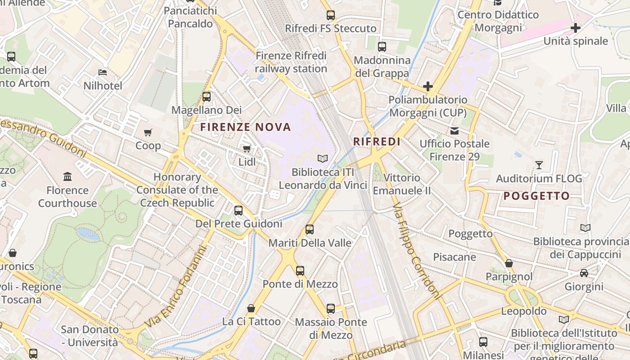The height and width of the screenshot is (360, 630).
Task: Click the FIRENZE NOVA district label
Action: pos(246,127)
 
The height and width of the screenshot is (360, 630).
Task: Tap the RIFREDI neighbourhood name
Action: pos(377,142)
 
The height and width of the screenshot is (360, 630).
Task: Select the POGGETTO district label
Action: pos(536,196)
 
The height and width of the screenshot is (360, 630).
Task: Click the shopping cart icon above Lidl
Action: pos(247,148)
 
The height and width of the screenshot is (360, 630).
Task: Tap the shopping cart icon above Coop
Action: pos(148,132)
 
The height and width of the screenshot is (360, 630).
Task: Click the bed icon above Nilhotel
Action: pos(103,72)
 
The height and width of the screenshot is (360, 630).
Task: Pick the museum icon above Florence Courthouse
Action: pos(67,176)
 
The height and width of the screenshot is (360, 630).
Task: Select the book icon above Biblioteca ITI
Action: pos(323,158)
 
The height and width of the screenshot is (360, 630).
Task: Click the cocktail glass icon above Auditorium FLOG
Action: pos(539,165)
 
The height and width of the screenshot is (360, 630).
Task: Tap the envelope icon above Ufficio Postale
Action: pos(454,130)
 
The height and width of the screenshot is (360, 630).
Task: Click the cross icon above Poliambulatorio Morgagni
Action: pos(427,86)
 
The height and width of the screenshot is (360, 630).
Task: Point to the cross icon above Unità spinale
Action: pos(575,28)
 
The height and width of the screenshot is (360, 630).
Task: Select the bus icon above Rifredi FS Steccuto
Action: pos(331,15)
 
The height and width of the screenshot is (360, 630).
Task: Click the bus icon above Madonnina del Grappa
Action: pos(382,46)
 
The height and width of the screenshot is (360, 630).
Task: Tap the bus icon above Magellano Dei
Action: pos(207,96)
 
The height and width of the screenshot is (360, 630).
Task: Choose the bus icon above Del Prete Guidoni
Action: pos(238,210)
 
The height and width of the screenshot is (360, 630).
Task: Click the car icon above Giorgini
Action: pos(584,273)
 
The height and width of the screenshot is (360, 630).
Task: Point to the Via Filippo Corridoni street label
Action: pos(416,251)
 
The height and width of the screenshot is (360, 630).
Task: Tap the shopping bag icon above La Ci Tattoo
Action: pos(251,308)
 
